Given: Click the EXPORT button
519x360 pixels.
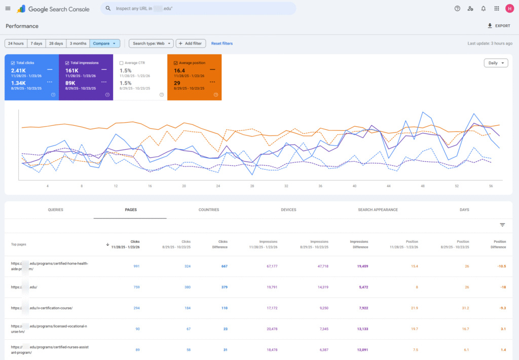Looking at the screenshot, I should tap(499, 26).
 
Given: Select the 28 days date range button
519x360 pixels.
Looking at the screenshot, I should tap(56, 44).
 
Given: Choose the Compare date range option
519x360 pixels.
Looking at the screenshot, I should tap(105, 44).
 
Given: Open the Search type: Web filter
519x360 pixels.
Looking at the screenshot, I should tap(151, 44).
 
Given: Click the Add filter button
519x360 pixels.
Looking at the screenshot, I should tap(190, 44).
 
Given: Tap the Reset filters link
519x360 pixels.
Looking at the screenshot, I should tap(222, 44).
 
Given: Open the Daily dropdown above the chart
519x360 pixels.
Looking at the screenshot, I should tap(496, 63).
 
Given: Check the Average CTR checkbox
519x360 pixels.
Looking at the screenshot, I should tap(121, 63).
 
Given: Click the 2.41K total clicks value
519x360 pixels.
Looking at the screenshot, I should tap(18, 70).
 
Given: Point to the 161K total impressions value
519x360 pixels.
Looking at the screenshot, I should tap(71, 70).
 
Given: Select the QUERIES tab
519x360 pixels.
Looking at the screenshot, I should tap(55, 210).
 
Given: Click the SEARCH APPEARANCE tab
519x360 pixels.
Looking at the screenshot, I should tap(378, 210).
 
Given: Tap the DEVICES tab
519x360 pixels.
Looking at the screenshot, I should tap(288, 210).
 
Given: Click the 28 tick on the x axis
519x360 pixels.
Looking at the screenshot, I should tap(252, 186).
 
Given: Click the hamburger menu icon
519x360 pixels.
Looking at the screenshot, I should tap(8, 9).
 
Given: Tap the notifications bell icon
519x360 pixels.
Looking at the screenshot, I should tap(483, 9).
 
